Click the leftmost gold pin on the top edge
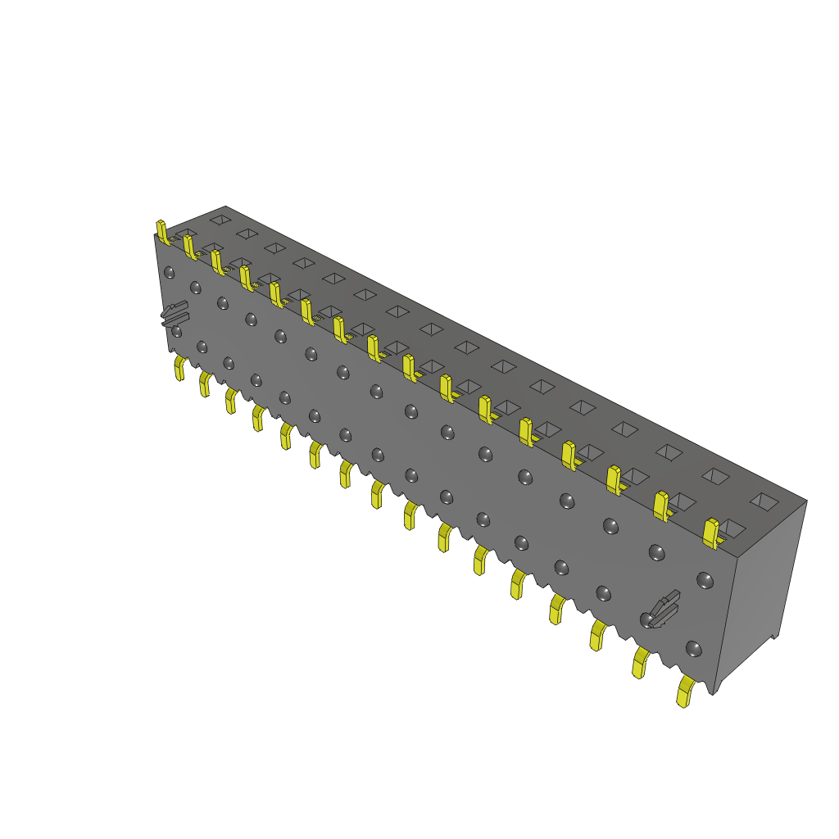162,232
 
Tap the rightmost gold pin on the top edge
711,532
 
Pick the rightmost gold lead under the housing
684,692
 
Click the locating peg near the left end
174,313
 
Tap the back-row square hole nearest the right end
764,500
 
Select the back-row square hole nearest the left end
220,220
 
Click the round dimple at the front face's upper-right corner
704,580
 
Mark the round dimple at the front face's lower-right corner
693,650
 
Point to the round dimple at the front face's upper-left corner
170,272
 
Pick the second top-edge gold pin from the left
190,247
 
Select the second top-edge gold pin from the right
661,506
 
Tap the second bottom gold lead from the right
639,662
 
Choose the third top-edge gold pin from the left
217,262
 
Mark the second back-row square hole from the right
716,475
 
